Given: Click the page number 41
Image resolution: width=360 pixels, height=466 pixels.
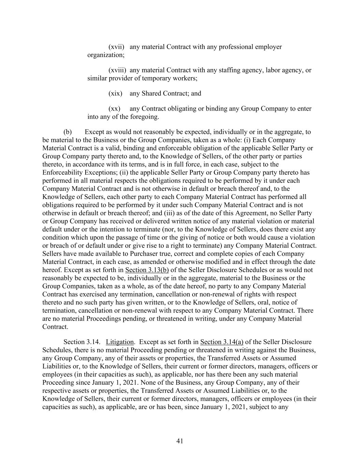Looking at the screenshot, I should click(x=180, y=441).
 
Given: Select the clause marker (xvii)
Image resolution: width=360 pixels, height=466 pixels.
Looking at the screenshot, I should click(x=116, y=47).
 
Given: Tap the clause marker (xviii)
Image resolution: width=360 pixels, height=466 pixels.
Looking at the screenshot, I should click(x=117, y=70).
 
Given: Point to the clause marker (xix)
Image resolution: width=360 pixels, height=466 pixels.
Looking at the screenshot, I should click(x=115, y=94).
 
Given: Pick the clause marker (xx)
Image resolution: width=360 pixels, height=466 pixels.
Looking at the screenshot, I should click(x=114, y=109).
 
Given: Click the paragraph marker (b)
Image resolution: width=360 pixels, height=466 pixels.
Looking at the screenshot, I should click(x=68, y=132).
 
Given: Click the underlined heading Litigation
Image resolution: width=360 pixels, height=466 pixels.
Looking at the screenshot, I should click(x=120, y=342).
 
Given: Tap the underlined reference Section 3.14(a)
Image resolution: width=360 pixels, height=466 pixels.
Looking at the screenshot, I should click(x=222, y=342).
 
